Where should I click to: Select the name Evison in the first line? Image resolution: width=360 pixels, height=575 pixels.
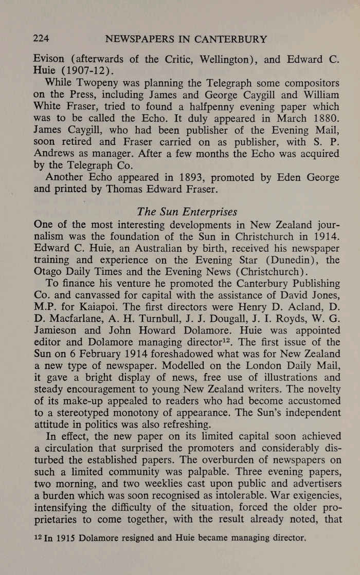[50, 59]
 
